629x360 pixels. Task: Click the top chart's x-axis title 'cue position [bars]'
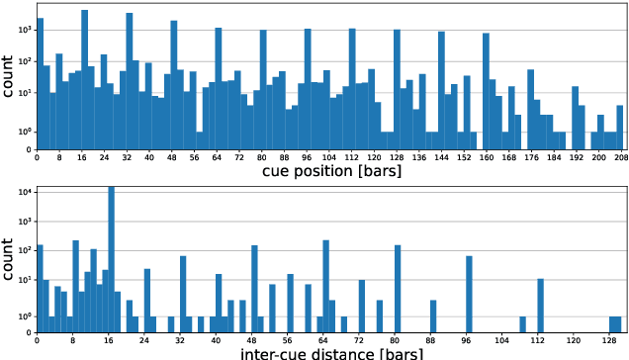pos(328,171)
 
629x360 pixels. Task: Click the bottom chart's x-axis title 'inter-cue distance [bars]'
pos(328,351)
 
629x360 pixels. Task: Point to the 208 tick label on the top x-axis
pos(620,156)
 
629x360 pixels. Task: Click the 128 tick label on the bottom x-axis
pos(614,338)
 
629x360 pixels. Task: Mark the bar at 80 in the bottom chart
pos(398,288)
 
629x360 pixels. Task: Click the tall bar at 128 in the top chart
pos(397,89)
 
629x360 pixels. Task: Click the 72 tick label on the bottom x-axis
pos(362,338)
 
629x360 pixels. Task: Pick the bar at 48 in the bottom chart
pos(254,288)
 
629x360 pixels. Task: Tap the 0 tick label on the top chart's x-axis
pos(38,156)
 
